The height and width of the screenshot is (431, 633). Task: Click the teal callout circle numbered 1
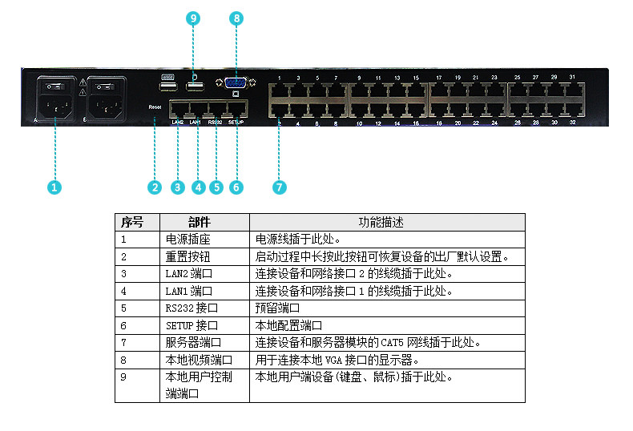(x=54, y=187)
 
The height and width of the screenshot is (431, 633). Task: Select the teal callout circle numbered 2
(x=155, y=187)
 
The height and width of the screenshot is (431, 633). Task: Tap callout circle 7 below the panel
(x=279, y=187)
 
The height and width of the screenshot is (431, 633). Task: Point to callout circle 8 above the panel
(x=236, y=17)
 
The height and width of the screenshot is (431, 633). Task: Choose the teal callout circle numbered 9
(x=193, y=17)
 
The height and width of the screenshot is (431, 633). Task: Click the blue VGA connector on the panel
(x=236, y=83)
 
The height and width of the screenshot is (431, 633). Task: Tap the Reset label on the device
(x=155, y=106)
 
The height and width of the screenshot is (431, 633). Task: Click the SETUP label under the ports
(x=236, y=123)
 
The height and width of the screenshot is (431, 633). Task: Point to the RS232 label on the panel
(x=215, y=123)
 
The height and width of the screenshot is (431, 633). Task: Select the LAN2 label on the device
(x=178, y=123)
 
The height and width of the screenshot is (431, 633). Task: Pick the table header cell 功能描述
(x=388, y=222)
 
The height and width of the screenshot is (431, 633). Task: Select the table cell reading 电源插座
(x=187, y=240)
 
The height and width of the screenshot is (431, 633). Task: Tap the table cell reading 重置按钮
(x=187, y=256)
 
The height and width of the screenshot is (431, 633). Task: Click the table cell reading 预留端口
(x=277, y=308)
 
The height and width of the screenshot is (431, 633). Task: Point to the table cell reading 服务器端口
(x=193, y=342)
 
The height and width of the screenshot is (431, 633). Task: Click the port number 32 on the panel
(x=572, y=125)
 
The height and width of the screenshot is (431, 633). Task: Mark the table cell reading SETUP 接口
(x=192, y=325)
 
